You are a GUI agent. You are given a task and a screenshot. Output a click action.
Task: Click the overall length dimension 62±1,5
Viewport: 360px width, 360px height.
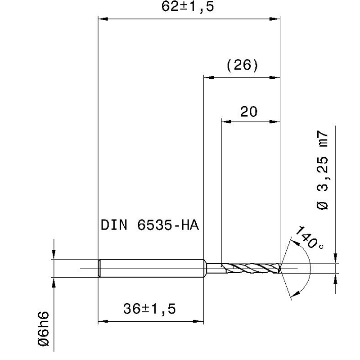[188, 6]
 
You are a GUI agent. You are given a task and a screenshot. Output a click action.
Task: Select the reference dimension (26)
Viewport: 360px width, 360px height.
[243, 65]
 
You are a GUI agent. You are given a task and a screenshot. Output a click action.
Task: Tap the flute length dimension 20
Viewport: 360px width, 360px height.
[249, 112]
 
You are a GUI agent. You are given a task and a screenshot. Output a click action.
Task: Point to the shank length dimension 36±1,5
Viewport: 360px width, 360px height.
[149, 309]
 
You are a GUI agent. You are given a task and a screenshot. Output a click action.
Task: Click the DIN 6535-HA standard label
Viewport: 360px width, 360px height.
[150, 225]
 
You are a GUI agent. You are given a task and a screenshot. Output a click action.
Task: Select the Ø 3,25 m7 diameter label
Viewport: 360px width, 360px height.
[322, 170]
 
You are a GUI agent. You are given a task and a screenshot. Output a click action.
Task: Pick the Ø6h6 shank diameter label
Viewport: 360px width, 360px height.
[43, 329]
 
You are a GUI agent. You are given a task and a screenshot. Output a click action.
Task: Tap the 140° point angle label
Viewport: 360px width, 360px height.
[309, 238]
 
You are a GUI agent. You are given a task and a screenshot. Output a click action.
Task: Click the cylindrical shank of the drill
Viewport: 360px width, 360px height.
[152, 268]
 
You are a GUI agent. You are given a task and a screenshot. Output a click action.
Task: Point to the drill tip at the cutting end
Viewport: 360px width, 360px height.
[280, 268]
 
